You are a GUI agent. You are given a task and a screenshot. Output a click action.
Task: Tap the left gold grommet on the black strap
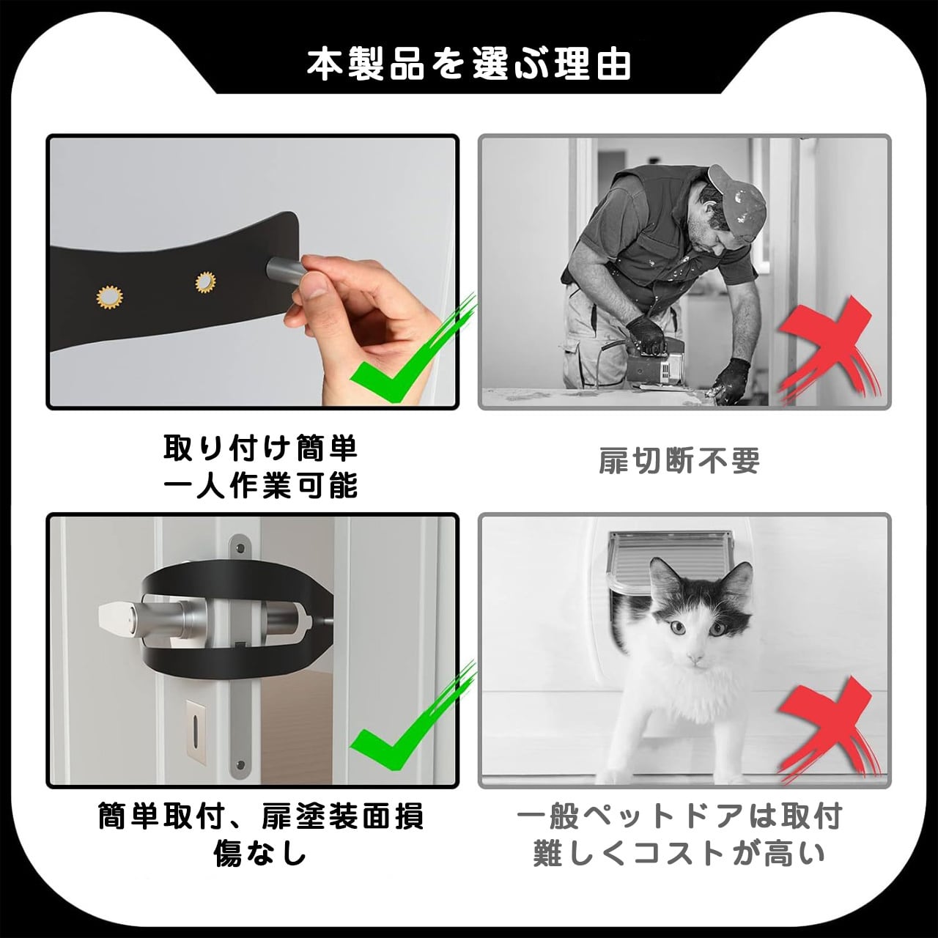[x=109, y=297]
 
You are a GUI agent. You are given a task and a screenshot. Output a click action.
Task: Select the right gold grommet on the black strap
[x=205, y=283]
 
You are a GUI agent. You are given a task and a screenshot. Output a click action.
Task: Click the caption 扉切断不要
[x=679, y=461]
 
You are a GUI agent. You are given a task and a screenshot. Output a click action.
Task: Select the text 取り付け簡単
[x=260, y=448]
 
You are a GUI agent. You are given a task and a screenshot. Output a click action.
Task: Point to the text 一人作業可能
[x=260, y=485]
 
